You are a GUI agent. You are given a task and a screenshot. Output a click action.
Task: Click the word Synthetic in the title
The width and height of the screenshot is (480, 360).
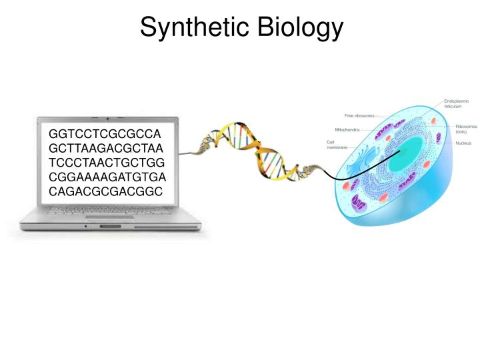point(193,27)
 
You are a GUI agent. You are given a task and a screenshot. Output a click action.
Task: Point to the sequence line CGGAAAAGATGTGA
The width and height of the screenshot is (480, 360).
point(107,178)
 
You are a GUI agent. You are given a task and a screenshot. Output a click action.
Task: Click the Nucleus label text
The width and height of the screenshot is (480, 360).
point(463,143)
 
